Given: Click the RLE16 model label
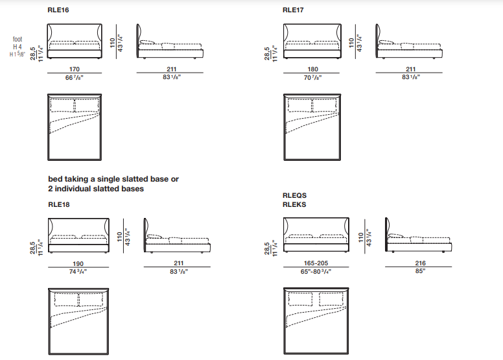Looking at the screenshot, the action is [x=58, y=10].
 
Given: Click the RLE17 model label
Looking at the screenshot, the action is [x=293, y=10].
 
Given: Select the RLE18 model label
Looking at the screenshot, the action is [x=59, y=204].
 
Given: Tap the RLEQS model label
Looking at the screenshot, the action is [x=294, y=195].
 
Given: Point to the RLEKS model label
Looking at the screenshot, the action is [x=294, y=204].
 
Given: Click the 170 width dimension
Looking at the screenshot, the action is [x=75, y=69].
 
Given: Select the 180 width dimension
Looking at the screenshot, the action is [x=313, y=69].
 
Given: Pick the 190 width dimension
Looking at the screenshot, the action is [x=78, y=263].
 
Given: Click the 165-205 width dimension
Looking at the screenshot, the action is [x=316, y=263].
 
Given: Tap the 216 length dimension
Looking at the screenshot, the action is [x=420, y=263].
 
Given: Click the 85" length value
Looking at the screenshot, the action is [x=420, y=271].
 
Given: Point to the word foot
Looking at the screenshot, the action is [x=18, y=39].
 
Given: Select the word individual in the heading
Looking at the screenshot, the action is [x=73, y=189].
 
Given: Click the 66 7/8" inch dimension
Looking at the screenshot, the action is [x=75, y=77].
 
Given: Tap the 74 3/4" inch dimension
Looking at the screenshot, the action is [x=78, y=272].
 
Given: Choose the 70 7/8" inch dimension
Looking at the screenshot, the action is [x=313, y=77].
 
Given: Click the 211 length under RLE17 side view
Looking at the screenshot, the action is [x=410, y=69].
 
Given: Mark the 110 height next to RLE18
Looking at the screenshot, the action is [x=119, y=237].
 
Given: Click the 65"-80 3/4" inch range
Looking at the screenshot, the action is [x=316, y=271].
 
